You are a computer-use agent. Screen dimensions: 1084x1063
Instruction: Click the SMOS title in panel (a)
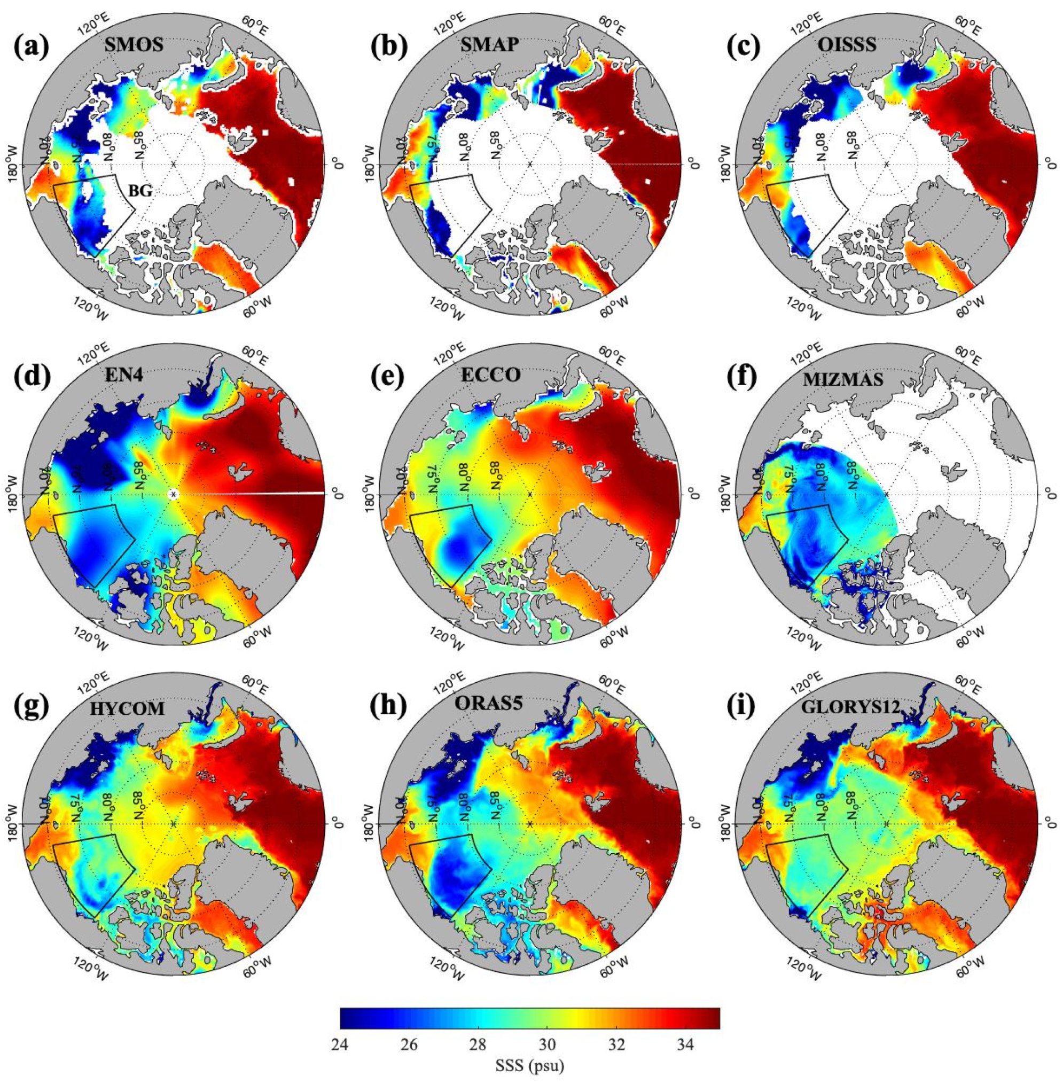(x=134, y=46)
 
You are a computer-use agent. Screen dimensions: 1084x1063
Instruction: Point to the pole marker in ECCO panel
(x=530, y=494)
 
